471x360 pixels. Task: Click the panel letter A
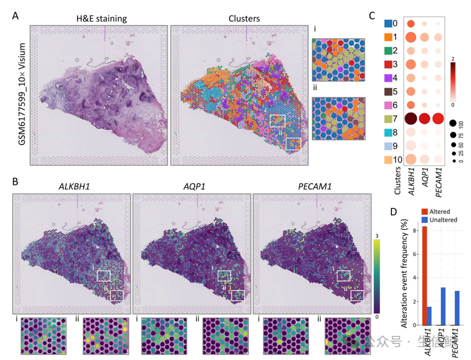(17, 16)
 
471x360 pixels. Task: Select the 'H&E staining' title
(101, 19)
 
